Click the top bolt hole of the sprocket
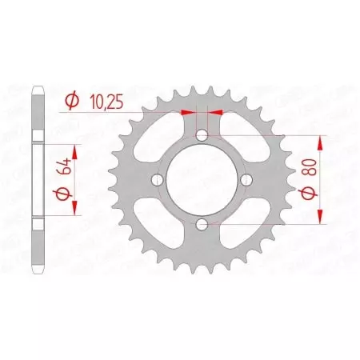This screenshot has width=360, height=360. (x=202, y=136)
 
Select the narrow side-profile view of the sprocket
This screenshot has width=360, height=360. (x=36, y=179)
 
